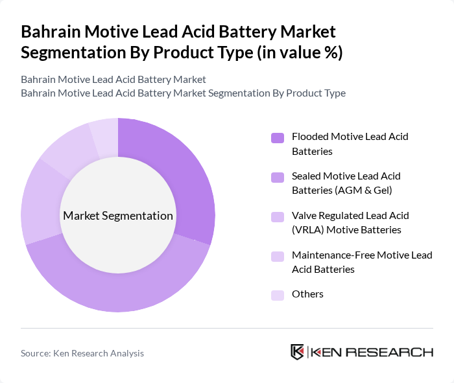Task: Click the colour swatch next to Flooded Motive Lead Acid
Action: pos(278,137)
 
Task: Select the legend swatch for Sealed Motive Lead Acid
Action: pos(278,177)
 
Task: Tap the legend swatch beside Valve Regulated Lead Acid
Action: pos(278,216)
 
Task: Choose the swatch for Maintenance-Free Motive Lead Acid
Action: pos(278,256)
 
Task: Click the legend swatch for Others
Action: pos(278,295)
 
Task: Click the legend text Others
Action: pos(307,294)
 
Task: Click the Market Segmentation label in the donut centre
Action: pos(118,216)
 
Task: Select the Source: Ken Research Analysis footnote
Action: pos(82,353)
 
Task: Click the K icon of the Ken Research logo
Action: pos(298,353)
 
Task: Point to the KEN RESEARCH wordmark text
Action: pos(372,353)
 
